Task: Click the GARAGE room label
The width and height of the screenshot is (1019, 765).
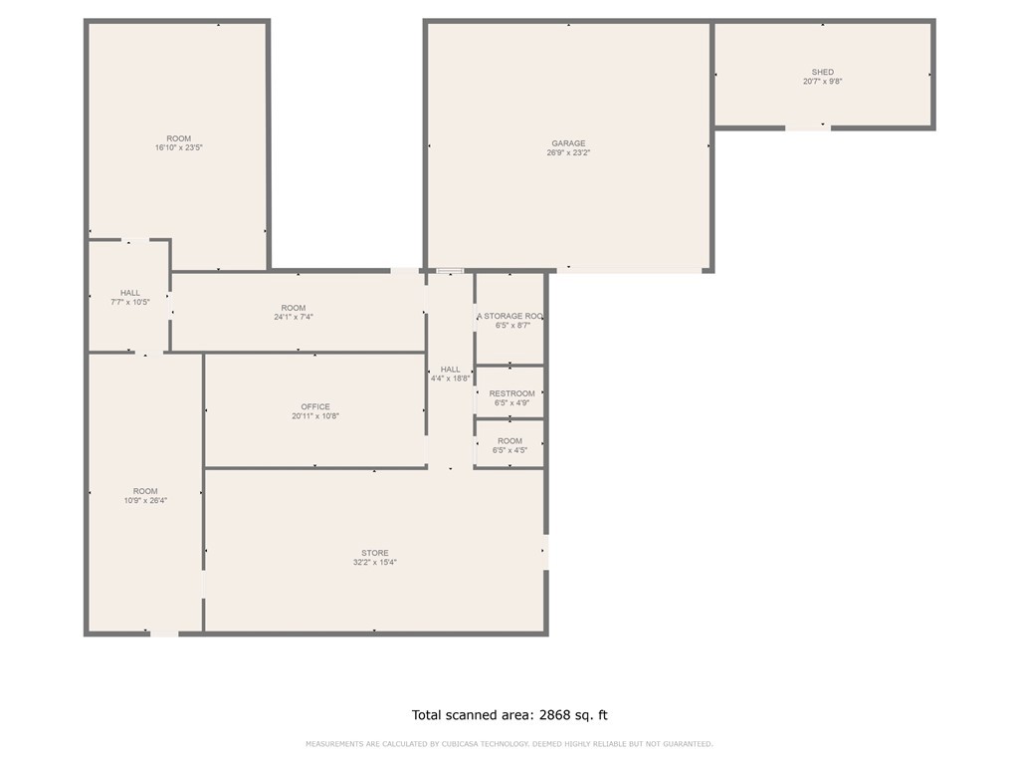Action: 568,143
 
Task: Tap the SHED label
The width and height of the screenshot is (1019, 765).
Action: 822,73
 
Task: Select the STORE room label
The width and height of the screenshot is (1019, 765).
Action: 375,553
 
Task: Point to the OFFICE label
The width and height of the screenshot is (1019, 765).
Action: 315,406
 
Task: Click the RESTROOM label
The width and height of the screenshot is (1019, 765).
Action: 511,393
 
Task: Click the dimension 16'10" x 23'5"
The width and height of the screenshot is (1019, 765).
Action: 179,147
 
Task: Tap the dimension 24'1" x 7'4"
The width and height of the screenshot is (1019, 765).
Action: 294,317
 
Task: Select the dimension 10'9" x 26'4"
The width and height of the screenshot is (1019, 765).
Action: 145,501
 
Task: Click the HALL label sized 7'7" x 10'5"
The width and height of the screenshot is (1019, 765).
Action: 130,293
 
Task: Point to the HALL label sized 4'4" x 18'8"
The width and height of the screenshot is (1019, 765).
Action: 451,370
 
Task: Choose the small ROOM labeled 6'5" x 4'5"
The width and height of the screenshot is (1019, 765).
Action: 509,441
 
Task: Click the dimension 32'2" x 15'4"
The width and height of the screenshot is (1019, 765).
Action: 375,563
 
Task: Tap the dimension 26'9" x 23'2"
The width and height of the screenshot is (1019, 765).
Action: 568,153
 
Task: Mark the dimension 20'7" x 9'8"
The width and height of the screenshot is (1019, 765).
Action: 823,82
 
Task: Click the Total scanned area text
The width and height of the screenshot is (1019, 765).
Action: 509,715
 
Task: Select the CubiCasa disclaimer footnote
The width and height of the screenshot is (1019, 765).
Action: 509,744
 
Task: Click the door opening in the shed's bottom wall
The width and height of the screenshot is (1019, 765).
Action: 807,127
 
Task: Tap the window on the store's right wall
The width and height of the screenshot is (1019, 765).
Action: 545,552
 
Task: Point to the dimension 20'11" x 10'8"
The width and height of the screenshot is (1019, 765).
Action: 315,416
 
